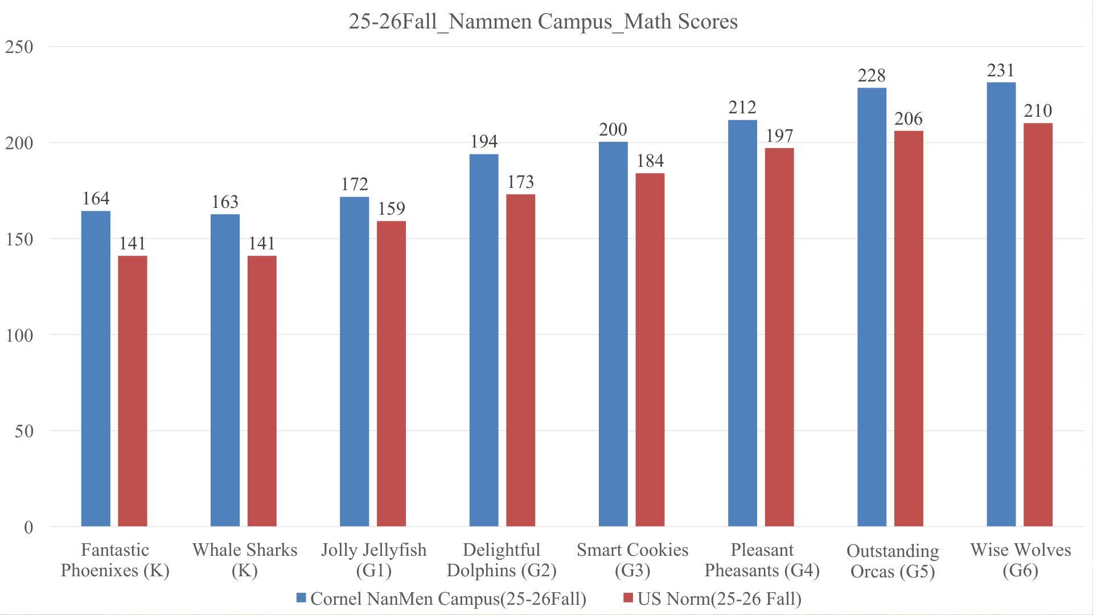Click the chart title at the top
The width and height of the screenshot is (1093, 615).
[x=543, y=22]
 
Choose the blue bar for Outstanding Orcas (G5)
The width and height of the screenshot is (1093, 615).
[x=872, y=307]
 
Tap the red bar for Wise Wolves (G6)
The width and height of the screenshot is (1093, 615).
[x=1038, y=325]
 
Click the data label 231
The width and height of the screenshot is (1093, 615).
[x=1001, y=71]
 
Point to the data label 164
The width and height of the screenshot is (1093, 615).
[x=96, y=199]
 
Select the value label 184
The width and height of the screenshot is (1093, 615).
[x=650, y=161]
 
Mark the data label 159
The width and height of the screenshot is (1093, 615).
[x=392, y=209]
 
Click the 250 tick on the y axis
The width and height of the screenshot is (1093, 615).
[x=19, y=47]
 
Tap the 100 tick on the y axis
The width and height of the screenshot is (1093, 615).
[x=19, y=335]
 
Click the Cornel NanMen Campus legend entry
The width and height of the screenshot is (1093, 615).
[x=442, y=599]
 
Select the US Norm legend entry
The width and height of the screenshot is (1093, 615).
[x=713, y=599]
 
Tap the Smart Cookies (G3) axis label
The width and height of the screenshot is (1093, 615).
[x=632, y=560]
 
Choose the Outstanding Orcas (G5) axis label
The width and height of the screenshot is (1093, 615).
[x=893, y=561]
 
